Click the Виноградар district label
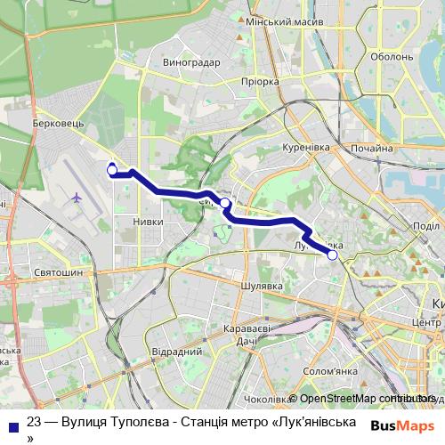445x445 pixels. pos(191,63)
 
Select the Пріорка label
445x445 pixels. pos(260,81)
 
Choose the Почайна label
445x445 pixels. pos(373,149)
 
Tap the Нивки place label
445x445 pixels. pos(147,222)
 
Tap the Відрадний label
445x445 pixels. pos(175,352)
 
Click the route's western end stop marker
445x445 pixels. pos(112,169)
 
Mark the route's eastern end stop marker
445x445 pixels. pos(332,255)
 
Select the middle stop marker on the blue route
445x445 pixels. pos(225,204)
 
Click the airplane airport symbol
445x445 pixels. pos(77,197)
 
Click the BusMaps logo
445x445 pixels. pos(403,425)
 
